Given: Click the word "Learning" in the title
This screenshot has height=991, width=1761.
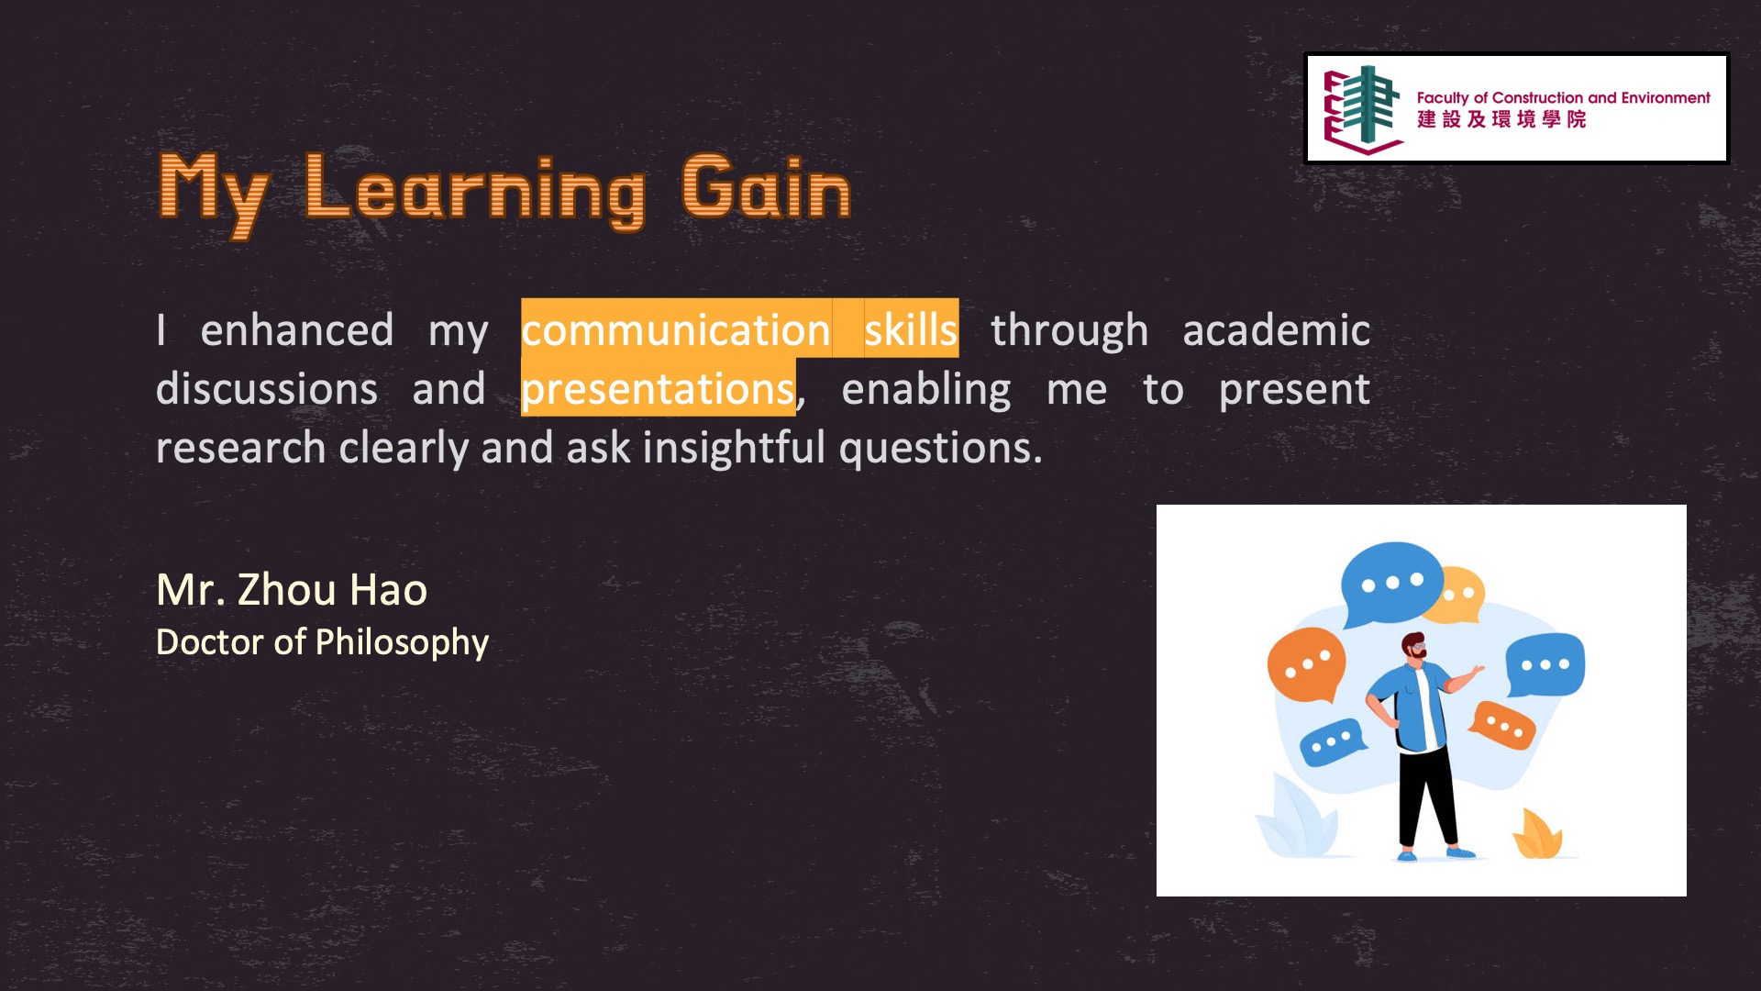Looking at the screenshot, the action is point(475,191).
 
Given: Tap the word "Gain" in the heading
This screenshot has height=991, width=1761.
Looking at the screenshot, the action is point(767,187).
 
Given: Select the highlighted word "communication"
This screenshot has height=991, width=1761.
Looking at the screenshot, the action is point(676,329).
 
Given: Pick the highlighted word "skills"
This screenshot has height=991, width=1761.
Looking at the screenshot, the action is point(911,329).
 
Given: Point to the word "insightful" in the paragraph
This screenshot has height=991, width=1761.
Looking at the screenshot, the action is point(735,447).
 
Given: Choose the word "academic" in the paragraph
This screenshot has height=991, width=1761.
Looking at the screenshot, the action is point(1276,329).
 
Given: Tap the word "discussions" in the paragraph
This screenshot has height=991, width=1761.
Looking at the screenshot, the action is point(267,388).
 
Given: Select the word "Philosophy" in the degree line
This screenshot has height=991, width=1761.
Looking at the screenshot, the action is point(402,643).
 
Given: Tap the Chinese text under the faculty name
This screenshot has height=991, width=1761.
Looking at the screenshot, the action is point(1501,119).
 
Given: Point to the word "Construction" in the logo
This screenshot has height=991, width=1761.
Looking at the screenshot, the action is point(1538,97).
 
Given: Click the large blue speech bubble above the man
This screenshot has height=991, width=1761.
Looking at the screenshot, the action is point(1390,585).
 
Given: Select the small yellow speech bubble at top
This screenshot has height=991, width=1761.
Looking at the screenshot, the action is point(1463,594).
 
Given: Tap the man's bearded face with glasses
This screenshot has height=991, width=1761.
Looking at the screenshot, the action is point(1414,647).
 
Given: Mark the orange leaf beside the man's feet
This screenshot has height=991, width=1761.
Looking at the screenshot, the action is point(1537,834).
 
